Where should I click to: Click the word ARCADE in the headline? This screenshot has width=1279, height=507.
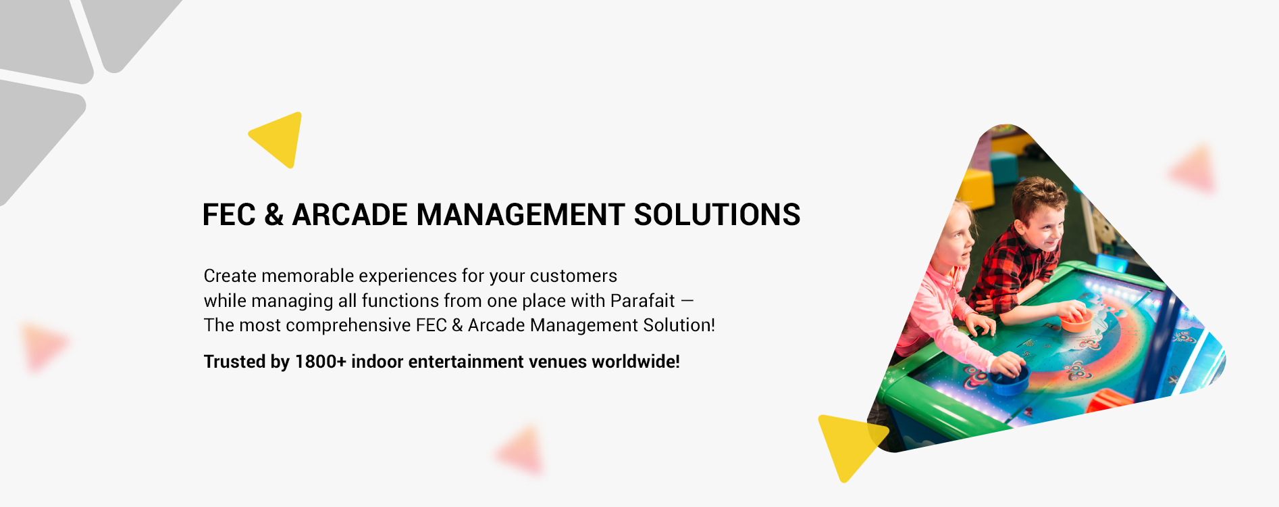[349, 215]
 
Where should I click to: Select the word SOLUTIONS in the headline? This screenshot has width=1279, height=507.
[716, 215]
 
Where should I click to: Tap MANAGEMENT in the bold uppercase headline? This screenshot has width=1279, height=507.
[520, 215]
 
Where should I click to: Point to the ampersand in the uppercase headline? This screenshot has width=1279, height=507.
[273, 215]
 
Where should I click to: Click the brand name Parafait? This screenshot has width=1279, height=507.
[642, 301]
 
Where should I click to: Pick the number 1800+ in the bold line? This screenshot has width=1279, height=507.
[320, 362]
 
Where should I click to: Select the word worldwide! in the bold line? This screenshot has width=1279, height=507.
[635, 362]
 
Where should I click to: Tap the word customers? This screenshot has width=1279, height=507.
[573, 276]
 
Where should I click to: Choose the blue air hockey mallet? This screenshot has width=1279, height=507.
[1009, 379]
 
